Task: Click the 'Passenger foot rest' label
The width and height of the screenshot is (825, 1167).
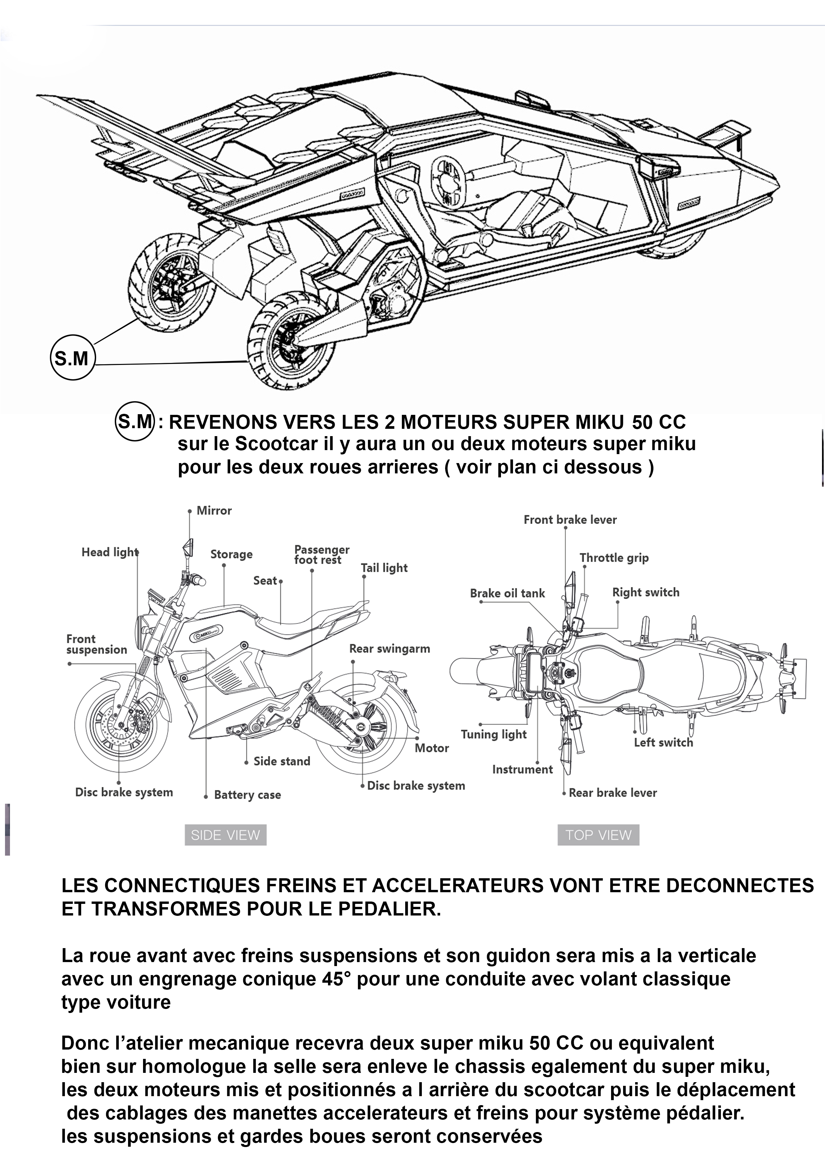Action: click(x=321, y=555)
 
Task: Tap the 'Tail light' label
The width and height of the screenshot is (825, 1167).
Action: click(x=384, y=568)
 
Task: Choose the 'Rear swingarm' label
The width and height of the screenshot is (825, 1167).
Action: click(x=389, y=649)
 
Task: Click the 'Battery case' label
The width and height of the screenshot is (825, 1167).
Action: click(x=247, y=795)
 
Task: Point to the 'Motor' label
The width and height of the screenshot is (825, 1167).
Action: click(x=431, y=748)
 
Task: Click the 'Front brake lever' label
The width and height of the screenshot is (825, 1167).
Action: click(x=570, y=519)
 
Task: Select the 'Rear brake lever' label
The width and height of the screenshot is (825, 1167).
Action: click(x=612, y=793)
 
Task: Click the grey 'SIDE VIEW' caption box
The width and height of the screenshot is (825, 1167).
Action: click(x=225, y=835)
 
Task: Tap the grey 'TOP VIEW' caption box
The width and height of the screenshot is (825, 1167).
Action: click(x=598, y=835)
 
